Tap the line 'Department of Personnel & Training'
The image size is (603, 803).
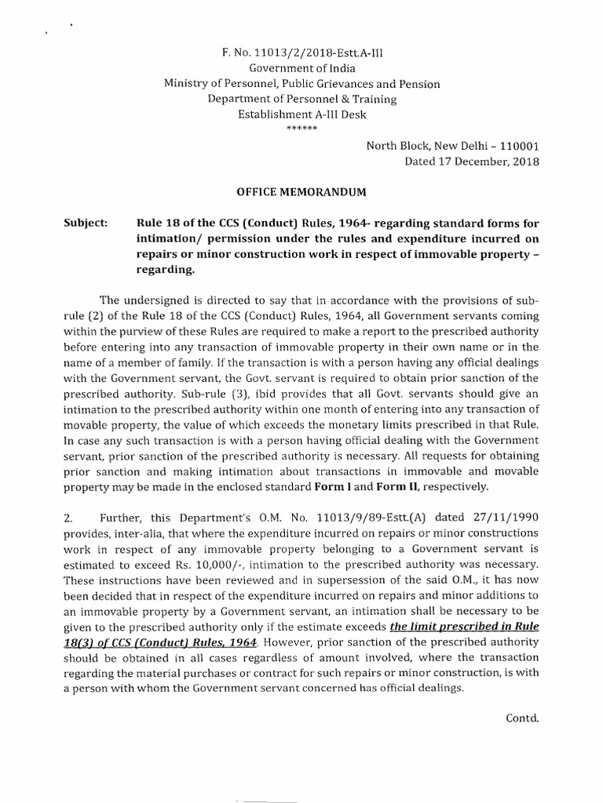[x=301, y=99]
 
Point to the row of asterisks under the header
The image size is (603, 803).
[x=301, y=128]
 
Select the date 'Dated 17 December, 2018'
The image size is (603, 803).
[x=471, y=162]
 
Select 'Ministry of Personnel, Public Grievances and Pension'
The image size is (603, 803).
[x=301, y=84]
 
